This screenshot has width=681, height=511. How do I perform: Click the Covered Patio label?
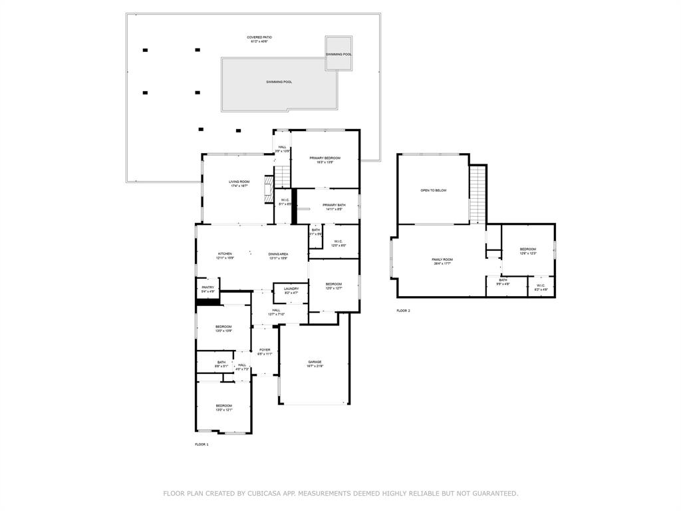click(x=259, y=39)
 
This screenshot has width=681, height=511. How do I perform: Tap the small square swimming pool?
click(x=339, y=53)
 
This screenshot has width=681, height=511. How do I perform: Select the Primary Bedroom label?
click(x=325, y=160)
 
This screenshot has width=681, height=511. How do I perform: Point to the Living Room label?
click(x=239, y=184)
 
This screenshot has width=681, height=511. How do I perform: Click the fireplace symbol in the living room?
click(x=269, y=188)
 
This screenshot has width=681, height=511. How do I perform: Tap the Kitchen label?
click(x=225, y=255)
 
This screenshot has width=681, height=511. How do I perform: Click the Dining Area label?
click(x=278, y=255)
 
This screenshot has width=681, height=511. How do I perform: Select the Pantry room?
click(x=207, y=289)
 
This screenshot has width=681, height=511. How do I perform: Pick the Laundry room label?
click(x=291, y=291)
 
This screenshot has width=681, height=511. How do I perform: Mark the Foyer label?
click(x=265, y=351)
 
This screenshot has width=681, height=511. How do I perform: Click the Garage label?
click(x=315, y=364)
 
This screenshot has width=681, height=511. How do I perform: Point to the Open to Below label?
click(x=433, y=190)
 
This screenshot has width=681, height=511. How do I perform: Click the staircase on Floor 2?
click(x=478, y=194)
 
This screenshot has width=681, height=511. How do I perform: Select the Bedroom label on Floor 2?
click(x=527, y=251)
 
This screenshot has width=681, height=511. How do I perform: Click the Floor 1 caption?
click(x=202, y=444)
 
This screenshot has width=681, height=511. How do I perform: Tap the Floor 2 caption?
click(x=404, y=311)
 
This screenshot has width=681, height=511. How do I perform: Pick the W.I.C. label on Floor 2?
click(x=541, y=287)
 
